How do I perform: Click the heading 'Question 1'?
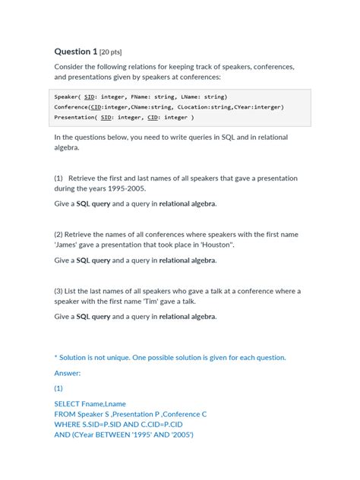tap(75, 52)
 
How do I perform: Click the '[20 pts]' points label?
tap(111, 52)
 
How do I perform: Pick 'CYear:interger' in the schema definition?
tap(259, 107)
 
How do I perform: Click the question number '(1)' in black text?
tap(58, 178)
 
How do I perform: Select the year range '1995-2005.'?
tap(125, 188)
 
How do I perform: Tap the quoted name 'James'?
tap(66, 245)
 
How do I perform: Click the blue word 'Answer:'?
tap(68, 373)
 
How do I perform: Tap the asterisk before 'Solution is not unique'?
tap(56, 357)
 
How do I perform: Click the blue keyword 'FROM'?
tap(66, 415)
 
